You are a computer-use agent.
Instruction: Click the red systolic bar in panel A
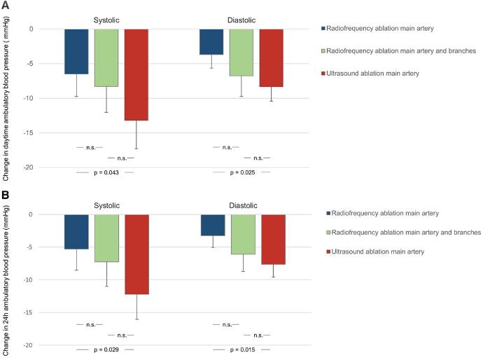(x=136, y=75)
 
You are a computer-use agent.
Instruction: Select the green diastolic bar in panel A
(x=241, y=53)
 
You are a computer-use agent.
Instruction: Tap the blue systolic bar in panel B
(x=76, y=232)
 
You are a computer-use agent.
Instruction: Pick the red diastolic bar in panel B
(x=273, y=240)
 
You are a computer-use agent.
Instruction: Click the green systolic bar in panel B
(x=106, y=238)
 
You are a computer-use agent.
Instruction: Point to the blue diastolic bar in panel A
(x=211, y=42)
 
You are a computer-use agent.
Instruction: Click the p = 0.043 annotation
(x=105, y=172)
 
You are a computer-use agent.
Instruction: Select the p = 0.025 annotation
(x=241, y=172)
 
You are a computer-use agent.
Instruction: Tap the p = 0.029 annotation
(x=105, y=349)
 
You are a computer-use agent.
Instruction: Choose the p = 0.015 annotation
(x=241, y=349)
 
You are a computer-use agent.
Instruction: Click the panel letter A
(x=5, y=5)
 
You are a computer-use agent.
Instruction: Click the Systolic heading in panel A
(x=106, y=20)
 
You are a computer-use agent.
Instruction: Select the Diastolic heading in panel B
(x=241, y=205)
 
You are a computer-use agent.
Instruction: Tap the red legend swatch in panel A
(x=323, y=74)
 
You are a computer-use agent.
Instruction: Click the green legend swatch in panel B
(x=323, y=232)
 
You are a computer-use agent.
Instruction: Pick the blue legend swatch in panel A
(x=323, y=29)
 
